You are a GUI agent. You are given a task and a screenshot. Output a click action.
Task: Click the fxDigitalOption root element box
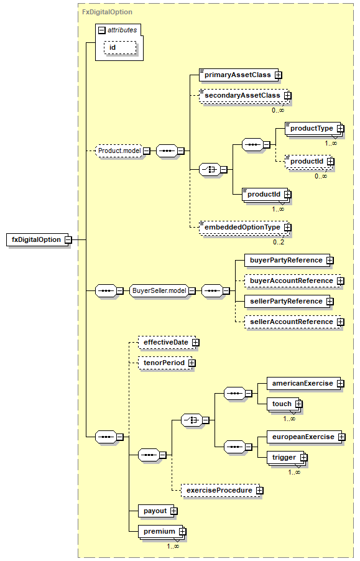click(x=39, y=239)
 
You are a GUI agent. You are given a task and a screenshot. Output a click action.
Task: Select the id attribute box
click(x=120, y=48)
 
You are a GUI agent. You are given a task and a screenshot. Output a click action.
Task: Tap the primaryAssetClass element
click(x=241, y=75)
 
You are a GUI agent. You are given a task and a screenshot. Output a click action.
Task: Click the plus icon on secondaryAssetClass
click(x=288, y=96)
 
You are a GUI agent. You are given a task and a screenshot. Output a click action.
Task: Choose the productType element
click(x=315, y=129)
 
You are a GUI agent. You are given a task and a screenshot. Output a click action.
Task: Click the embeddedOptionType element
click(x=245, y=227)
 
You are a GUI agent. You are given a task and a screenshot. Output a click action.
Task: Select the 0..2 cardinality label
click(x=279, y=242)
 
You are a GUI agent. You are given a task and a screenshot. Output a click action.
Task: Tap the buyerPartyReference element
click(x=289, y=261)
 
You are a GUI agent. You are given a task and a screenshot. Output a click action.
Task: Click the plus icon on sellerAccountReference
click(x=340, y=322)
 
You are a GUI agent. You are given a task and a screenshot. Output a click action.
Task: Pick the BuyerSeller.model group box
click(x=162, y=291)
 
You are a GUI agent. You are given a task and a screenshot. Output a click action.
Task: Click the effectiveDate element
click(x=168, y=343)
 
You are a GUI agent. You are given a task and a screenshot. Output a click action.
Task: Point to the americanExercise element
click(x=305, y=384)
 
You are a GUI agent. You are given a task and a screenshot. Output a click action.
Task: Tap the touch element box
click(x=285, y=404)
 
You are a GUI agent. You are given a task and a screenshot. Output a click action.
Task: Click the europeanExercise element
click(x=306, y=437)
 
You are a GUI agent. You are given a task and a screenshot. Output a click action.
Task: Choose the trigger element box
click(x=287, y=458)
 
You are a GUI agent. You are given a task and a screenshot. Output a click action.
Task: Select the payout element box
click(x=158, y=511)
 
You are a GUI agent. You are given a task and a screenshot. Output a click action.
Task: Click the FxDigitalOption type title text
click(x=107, y=12)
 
